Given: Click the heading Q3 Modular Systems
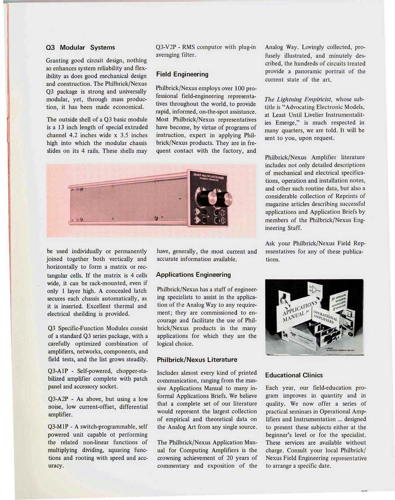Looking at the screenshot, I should click(80, 47).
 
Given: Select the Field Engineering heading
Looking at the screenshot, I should click(182, 74).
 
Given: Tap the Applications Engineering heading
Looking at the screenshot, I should click(194, 275).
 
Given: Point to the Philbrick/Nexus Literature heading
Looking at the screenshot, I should click(197, 360).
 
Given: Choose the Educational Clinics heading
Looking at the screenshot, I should click(294, 375).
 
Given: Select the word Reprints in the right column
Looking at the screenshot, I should click(353, 196).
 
